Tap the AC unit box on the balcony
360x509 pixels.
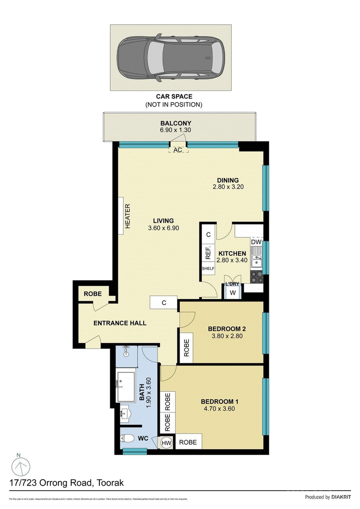178,150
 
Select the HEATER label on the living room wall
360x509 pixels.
127,216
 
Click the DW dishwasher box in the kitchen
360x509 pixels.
256,242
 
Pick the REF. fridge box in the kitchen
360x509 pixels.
208,254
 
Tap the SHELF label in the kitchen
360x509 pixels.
208,269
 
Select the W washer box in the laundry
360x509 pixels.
233,293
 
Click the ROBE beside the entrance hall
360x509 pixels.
93,294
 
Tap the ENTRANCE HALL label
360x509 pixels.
120,323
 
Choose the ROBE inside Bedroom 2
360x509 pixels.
186,347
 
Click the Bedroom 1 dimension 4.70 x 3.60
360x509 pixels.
218,409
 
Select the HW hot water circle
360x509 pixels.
166,442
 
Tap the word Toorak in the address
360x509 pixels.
108,483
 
